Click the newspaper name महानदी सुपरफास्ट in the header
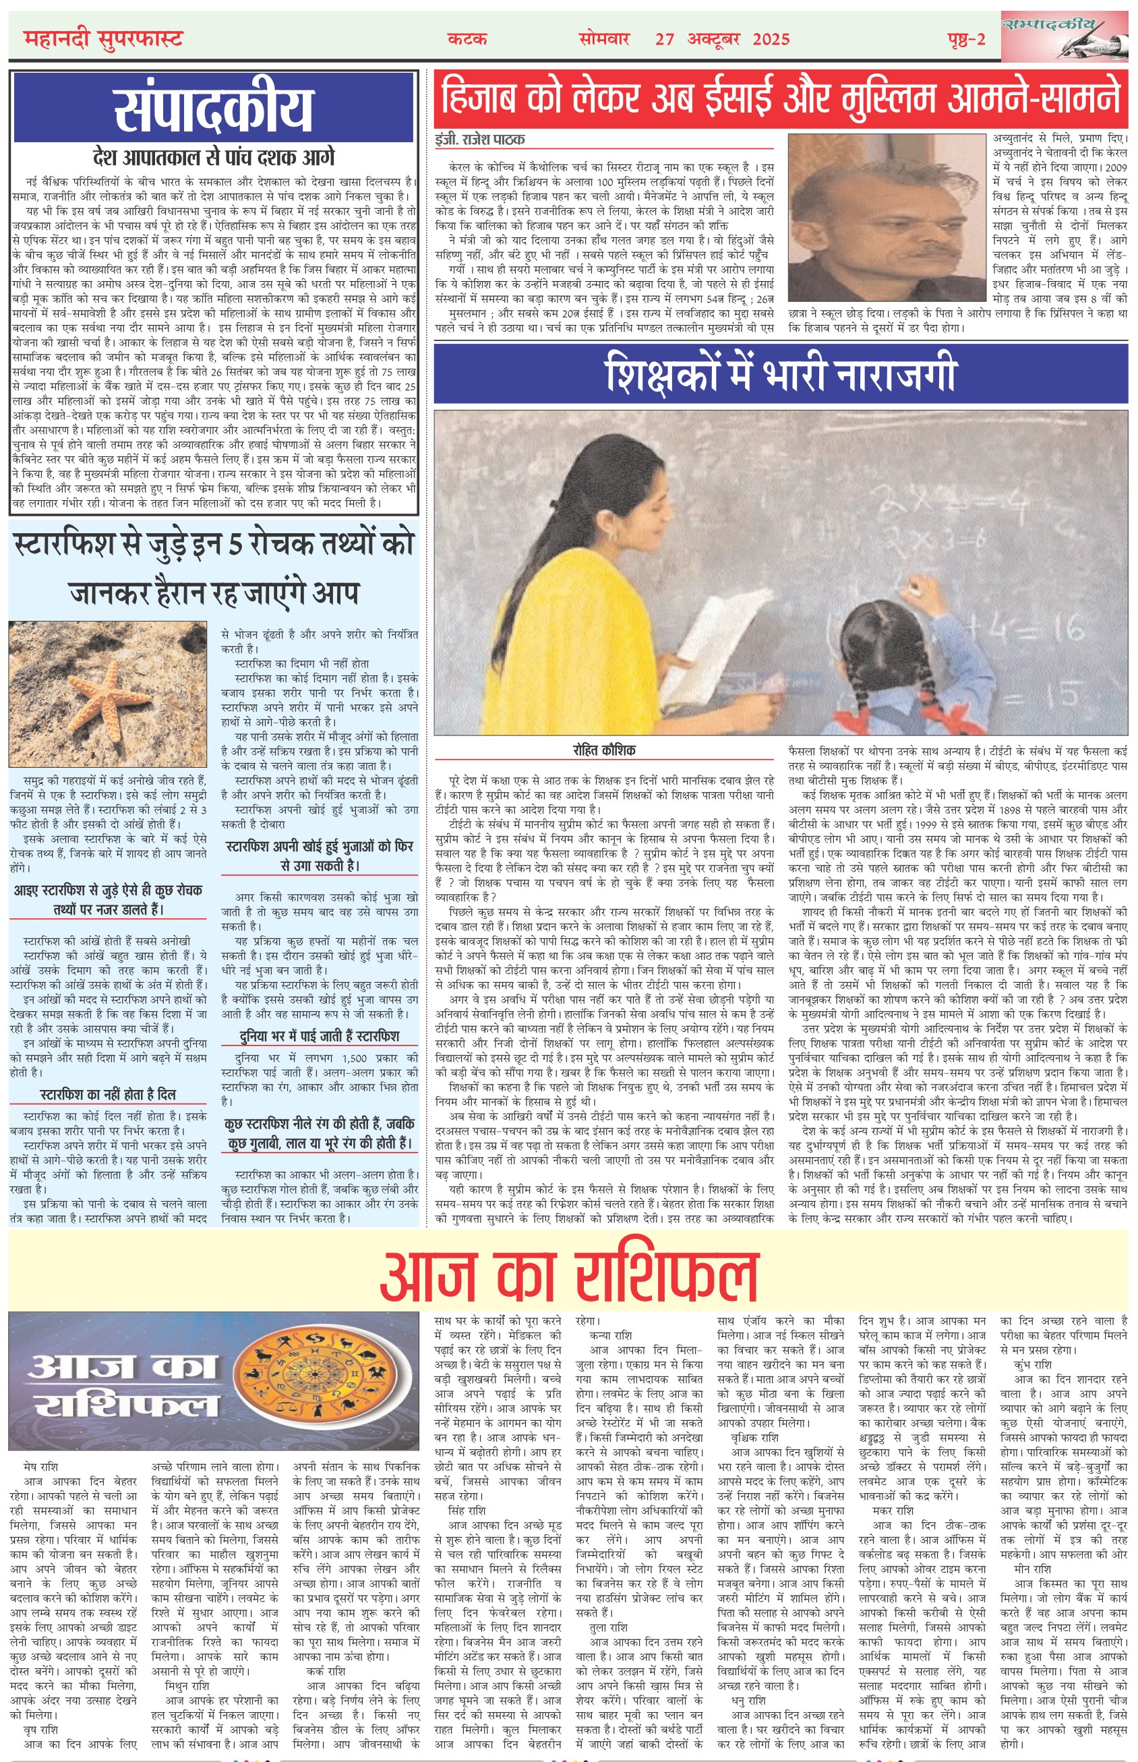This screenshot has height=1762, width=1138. click(x=102, y=38)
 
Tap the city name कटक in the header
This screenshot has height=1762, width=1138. click(x=467, y=38)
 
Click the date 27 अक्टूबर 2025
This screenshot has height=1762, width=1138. click(x=722, y=39)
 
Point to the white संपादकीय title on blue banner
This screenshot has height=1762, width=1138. click(x=214, y=108)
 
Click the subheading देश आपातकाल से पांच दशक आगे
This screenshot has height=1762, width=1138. click(x=214, y=156)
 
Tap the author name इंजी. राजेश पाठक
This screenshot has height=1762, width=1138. click(x=480, y=140)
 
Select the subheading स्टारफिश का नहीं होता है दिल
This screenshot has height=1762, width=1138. click(x=109, y=1093)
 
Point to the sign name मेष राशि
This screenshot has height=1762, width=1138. click(x=40, y=1467)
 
